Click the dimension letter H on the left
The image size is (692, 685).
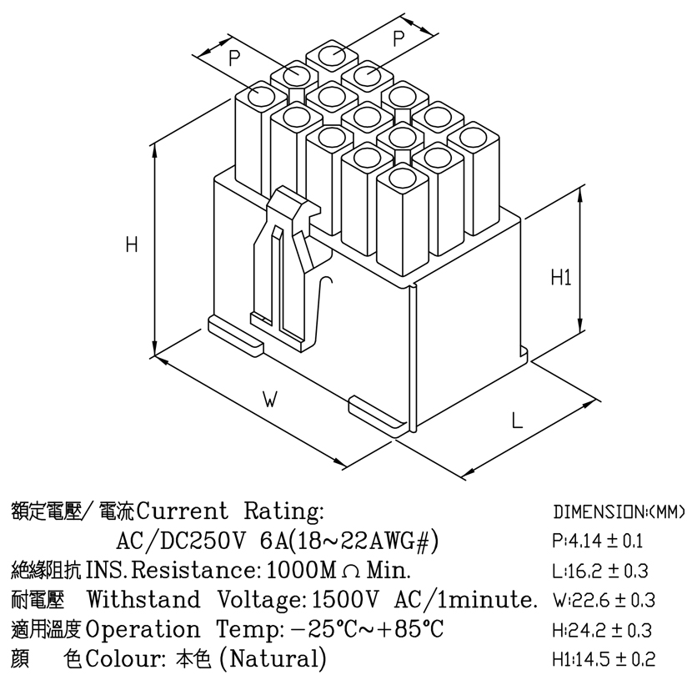[x=132, y=244]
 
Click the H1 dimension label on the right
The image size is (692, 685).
[x=561, y=277]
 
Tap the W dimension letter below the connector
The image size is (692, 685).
[x=269, y=399]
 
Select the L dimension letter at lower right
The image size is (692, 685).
[x=517, y=420]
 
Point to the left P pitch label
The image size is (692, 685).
[x=234, y=58]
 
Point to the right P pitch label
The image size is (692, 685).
[x=398, y=38]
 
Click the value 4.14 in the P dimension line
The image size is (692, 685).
[x=584, y=541]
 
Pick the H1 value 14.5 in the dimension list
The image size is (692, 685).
[x=592, y=660]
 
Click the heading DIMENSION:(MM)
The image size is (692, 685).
[x=619, y=512]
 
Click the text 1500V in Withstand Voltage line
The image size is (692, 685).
[x=345, y=599]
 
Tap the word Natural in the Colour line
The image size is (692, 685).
[x=273, y=658]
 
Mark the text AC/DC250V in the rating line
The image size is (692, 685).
[x=180, y=541]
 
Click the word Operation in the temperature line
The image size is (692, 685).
[x=142, y=630]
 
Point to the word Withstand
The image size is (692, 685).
[x=143, y=599]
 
